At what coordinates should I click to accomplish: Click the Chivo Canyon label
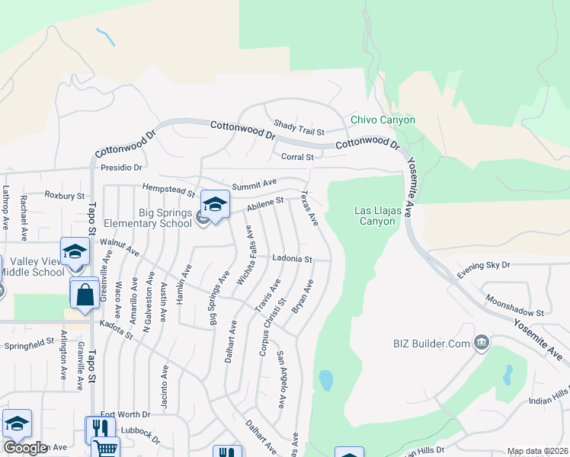click(383, 120)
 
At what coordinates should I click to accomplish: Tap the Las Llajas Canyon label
click(375, 216)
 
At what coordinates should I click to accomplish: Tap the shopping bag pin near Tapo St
click(83, 293)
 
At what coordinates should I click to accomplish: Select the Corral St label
click(297, 157)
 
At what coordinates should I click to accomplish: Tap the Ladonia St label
click(293, 259)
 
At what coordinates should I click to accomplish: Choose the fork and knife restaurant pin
click(100, 429)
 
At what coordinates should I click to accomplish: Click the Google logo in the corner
click(25, 447)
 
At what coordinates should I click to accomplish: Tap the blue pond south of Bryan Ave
click(325, 380)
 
